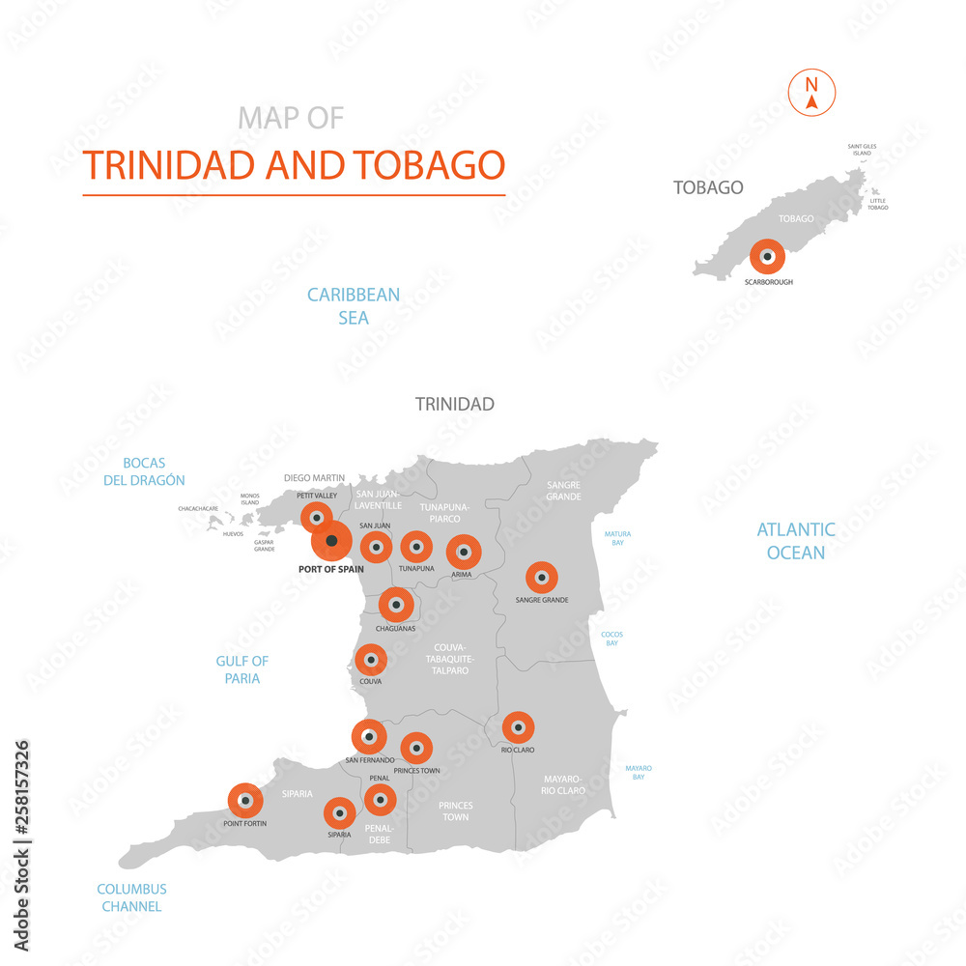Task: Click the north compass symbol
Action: point(812,92)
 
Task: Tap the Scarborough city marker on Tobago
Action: point(767,257)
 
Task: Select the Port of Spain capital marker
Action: point(332,540)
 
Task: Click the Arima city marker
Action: point(464,553)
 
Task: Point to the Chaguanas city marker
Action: point(396,605)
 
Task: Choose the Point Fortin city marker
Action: point(245,801)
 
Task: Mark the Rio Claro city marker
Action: point(519,727)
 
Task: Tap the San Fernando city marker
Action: point(369,737)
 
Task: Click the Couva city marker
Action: point(370,661)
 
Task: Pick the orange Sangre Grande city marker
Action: point(542,578)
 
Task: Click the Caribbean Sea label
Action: point(354,305)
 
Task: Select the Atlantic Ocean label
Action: point(796,541)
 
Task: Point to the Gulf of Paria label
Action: point(241,669)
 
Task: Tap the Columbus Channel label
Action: point(131,897)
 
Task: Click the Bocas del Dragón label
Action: point(144,471)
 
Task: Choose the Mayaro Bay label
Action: point(639,772)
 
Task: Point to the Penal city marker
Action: point(380,799)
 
